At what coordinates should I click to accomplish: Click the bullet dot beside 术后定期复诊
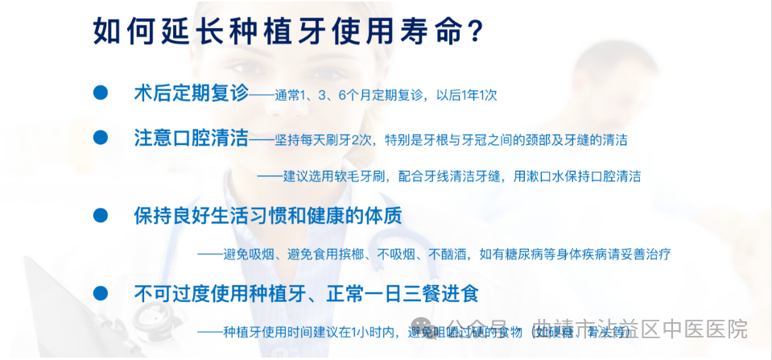point(101,92)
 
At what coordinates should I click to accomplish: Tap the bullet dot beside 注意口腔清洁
point(101,137)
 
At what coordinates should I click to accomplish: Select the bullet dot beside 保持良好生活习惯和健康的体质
point(101,215)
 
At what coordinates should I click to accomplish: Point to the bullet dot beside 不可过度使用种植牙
point(101,292)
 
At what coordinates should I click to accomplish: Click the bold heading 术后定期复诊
point(192,93)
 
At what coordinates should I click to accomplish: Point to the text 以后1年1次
point(467,95)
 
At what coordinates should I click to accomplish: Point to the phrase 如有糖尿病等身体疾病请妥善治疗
point(575,254)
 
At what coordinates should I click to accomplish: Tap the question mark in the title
point(475,31)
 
